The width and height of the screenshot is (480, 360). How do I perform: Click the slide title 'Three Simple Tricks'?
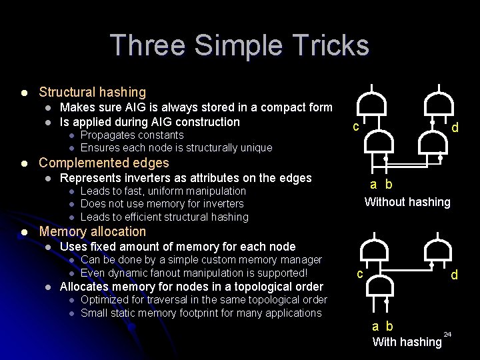pyautogui.click(x=239, y=45)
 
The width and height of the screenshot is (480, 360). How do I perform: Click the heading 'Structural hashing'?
pyautogui.click(x=92, y=92)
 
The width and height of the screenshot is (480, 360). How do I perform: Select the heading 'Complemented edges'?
pyautogui.click(x=104, y=163)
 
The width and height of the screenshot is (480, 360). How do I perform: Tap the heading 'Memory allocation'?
pyautogui.click(x=92, y=231)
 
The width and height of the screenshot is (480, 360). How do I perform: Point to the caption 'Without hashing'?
pyautogui.click(x=407, y=202)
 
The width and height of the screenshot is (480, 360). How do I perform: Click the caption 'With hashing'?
pyautogui.click(x=407, y=342)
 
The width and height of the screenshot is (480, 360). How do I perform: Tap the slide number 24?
pyautogui.click(x=447, y=333)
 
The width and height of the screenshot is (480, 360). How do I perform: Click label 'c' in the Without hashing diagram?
pyautogui.click(x=357, y=127)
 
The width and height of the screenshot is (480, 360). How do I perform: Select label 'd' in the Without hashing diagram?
pyautogui.click(x=455, y=127)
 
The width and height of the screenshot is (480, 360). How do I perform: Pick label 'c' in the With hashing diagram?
pyautogui.click(x=359, y=273)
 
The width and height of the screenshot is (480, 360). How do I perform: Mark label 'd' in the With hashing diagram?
pyautogui.click(x=454, y=274)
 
